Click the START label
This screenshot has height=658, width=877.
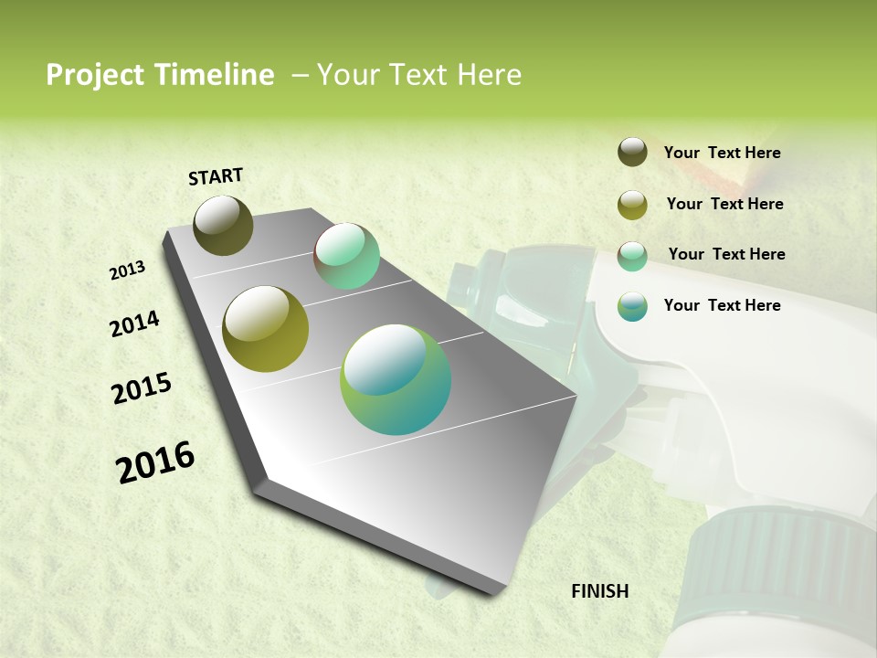[x=216, y=176]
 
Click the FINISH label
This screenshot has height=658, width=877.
[x=599, y=591]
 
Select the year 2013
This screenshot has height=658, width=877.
[x=128, y=271]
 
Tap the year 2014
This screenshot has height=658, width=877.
[x=135, y=324]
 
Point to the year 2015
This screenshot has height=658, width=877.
[x=142, y=388]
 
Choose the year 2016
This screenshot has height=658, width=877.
[x=155, y=462]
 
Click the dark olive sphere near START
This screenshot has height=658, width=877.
[x=223, y=225]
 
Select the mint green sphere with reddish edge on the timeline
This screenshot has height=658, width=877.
[x=346, y=256]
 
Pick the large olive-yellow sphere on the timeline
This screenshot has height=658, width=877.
[x=266, y=329]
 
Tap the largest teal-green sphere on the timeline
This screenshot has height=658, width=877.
[x=396, y=379]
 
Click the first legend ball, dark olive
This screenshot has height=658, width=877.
[x=632, y=152]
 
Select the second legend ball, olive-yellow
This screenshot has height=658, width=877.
[x=632, y=205]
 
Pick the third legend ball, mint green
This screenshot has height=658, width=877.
[x=632, y=256]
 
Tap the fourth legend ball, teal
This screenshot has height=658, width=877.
[x=632, y=306]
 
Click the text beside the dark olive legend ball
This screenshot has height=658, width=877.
[x=722, y=154]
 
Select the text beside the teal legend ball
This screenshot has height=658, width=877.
[x=722, y=305]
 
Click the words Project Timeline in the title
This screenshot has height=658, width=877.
[x=160, y=75]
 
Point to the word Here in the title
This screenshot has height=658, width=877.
[x=489, y=75]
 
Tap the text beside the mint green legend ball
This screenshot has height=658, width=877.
[x=726, y=254]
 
